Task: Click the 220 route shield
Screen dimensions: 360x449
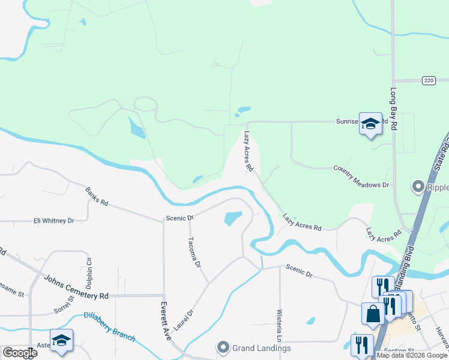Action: (427, 80)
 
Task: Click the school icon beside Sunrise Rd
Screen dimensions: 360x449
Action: (370, 124)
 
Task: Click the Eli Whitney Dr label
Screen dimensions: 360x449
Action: (53, 221)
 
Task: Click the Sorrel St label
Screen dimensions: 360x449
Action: (63, 304)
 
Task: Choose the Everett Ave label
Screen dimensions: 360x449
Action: (164, 321)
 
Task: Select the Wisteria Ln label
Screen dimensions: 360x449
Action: (279, 325)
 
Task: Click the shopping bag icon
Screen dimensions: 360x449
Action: (373, 313)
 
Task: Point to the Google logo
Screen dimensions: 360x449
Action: (20, 353)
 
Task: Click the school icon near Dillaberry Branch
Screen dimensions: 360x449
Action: (61, 340)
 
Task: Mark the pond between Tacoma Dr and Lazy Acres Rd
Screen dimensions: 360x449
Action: (233, 218)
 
